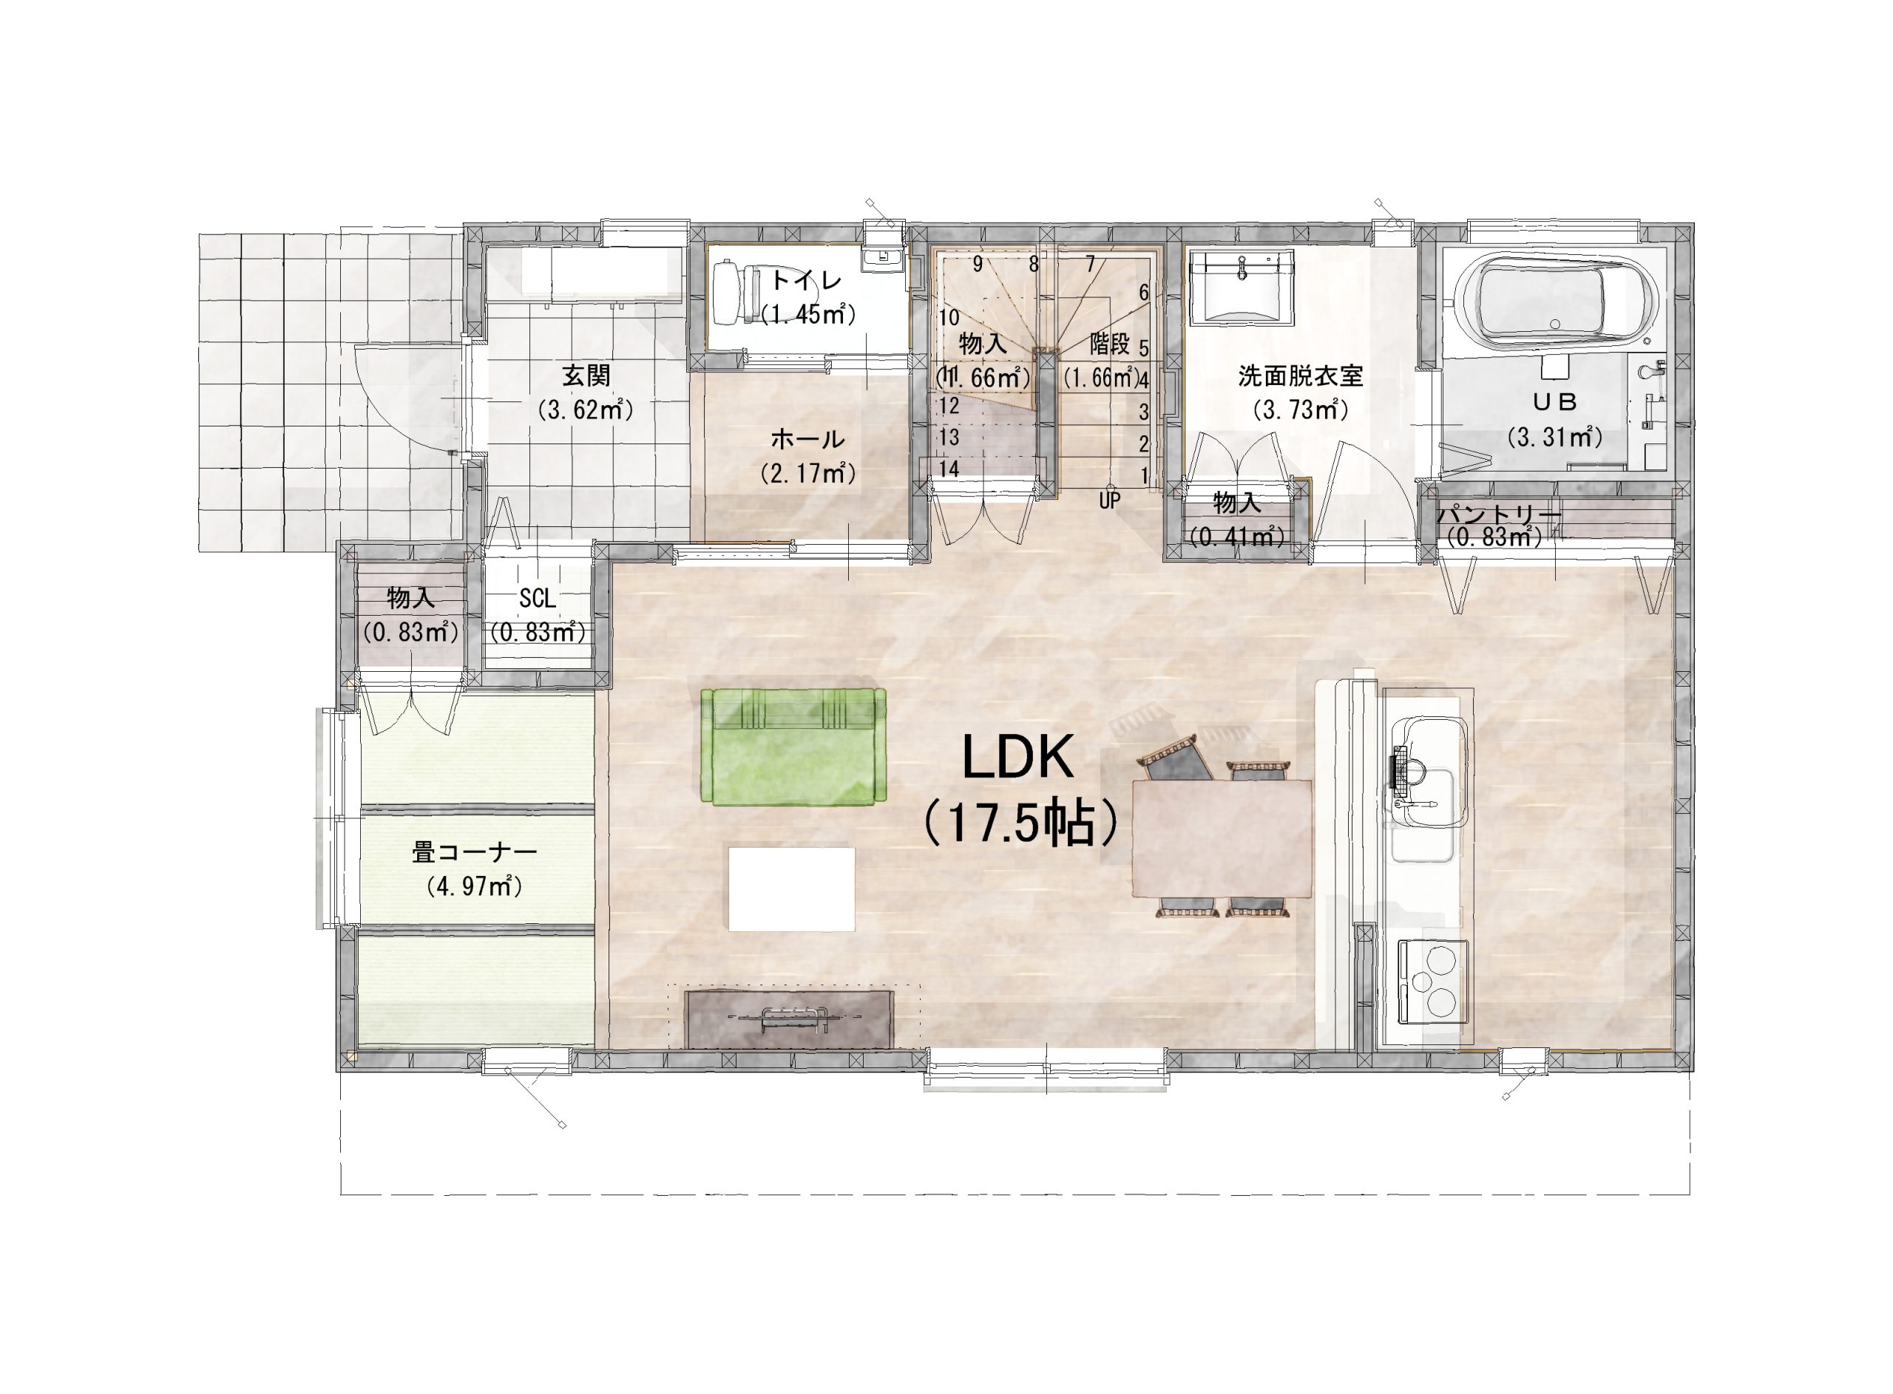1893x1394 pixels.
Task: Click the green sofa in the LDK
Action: coord(793,746)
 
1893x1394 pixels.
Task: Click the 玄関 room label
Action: coord(586,375)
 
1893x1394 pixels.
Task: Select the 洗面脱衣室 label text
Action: coord(1301,375)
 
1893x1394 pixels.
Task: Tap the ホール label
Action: coord(807,439)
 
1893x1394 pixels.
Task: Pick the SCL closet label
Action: coord(538,598)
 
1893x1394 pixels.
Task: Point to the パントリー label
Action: coord(1499,514)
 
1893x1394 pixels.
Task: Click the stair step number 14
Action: coord(949,469)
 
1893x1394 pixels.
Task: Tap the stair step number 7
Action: coord(1091,264)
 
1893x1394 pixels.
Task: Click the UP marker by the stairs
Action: coord(1110,500)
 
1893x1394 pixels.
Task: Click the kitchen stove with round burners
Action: coord(1434,983)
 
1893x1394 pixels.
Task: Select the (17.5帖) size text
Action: coord(1021,823)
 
